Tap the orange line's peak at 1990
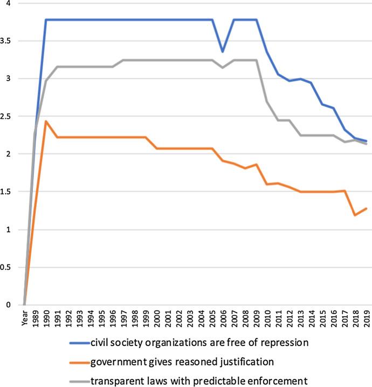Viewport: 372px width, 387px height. [46, 121]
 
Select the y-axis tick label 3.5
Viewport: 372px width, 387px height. [8, 41]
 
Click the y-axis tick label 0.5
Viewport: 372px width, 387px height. [8, 267]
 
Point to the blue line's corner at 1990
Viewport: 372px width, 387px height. [46, 20]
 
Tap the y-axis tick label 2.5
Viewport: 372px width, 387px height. [8, 117]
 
